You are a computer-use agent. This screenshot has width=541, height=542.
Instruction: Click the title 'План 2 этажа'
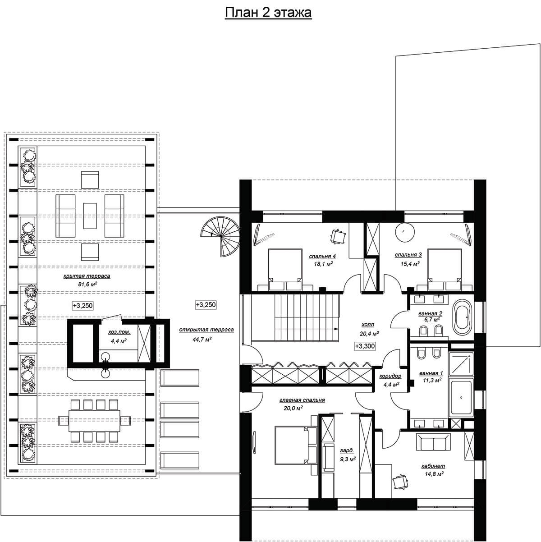pyautogui.click(x=268, y=13)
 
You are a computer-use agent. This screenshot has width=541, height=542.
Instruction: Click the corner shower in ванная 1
pyautogui.click(x=461, y=364)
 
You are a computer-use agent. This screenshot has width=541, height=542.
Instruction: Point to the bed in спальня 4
pyautogui.click(x=285, y=270)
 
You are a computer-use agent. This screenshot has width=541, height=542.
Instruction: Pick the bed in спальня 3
pyautogui.click(x=444, y=270)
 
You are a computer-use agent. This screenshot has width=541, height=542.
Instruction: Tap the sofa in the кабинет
pyautogui.click(x=433, y=443)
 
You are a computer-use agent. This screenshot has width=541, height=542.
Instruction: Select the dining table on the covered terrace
pyautogui.click(x=94, y=421)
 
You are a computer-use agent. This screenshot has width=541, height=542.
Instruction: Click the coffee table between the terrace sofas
pyautogui.click(x=90, y=216)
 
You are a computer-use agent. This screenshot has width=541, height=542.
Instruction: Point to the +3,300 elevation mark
pyautogui.click(x=365, y=346)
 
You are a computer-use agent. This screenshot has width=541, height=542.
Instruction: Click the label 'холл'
pyautogui.click(x=368, y=324)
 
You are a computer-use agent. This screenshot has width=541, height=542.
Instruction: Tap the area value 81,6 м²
pyautogui.click(x=87, y=284)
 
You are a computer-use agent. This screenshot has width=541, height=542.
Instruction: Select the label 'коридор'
pyautogui.click(x=390, y=376)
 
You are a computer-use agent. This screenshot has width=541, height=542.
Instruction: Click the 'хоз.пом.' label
pyautogui.click(x=119, y=332)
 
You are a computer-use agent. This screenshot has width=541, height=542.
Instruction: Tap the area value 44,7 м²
pyautogui.click(x=202, y=339)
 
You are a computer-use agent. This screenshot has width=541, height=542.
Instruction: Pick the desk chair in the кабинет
pyautogui.click(x=400, y=481)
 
